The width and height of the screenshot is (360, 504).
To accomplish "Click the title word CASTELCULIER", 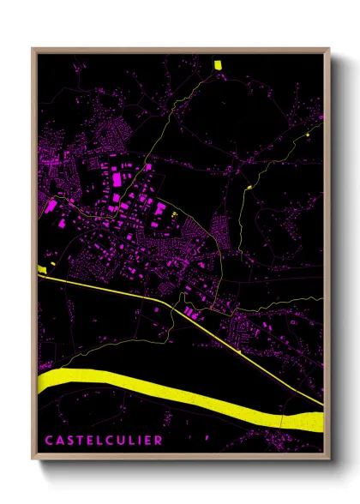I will click(x=103, y=441).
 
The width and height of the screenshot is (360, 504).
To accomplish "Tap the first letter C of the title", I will click(x=50, y=441).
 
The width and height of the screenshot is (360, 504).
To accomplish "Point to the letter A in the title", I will click(x=60, y=441).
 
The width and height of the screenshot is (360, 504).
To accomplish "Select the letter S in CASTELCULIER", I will click(x=70, y=441).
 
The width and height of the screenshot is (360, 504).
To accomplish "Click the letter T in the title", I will click(x=80, y=441).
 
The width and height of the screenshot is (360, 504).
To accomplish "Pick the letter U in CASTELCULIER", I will click(x=119, y=441).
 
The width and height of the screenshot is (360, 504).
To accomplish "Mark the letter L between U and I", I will click(x=130, y=441).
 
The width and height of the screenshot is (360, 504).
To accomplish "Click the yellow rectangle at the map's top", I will click(x=217, y=64).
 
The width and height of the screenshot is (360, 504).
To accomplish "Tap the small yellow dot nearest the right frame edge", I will click(x=307, y=135).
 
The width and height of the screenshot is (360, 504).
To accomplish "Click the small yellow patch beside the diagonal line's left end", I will click(x=40, y=270).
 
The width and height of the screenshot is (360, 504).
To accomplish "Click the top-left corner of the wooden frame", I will click(x=33, y=49).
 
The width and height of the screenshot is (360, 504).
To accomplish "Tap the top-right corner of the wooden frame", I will click(x=329, y=49).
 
